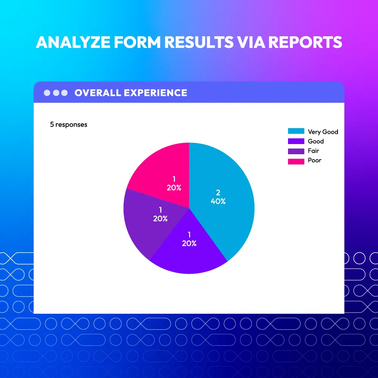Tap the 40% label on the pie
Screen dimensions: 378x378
point(218,201)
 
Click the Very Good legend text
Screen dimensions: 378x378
point(323,132)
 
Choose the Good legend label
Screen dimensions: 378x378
point(316,141)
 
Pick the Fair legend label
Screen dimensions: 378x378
point(313,151)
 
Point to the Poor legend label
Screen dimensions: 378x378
point(314,160)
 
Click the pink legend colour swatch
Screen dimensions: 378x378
point(296,161)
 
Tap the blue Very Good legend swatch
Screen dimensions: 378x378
point(296,131)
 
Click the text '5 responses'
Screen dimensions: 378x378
point(69,125)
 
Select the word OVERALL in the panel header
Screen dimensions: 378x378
point(98,93)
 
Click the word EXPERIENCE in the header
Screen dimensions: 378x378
point(155,93)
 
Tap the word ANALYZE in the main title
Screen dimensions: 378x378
point(73,42)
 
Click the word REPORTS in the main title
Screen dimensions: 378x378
point(305,42)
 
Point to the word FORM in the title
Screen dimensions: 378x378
point(137,42)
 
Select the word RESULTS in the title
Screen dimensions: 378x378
point(199,42)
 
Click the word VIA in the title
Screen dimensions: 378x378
point(251,42)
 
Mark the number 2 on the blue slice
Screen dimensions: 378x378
point(218,193)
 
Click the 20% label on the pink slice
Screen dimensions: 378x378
point(174,188)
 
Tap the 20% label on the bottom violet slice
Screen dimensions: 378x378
point(189,243)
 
